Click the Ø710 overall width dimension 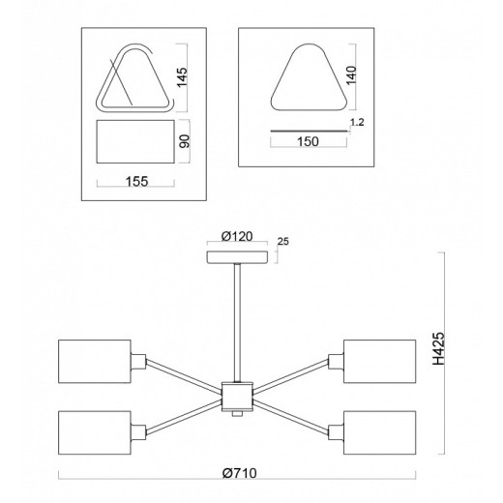(240, 473)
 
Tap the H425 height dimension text (438, 348)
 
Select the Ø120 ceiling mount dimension (237, 236)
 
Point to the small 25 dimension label (282, 241)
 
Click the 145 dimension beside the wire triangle (182, 77)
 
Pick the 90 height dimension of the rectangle (185, 141)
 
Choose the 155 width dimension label (136, 182)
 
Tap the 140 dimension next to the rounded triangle (351, 75)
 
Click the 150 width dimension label (308, 141)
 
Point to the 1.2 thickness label (357, 122)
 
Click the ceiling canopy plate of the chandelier (237, 256)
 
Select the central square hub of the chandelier (237, 397)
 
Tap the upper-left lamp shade (95, 361)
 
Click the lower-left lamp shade (95, 432)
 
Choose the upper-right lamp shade (380, 361)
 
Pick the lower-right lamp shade (380, 432)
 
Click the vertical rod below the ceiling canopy (237, 322)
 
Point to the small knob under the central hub (237, 414)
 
